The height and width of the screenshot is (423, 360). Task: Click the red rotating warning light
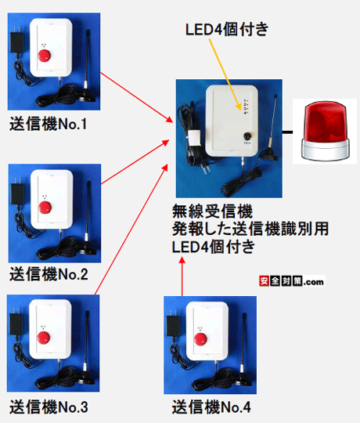click(x=323, y=131)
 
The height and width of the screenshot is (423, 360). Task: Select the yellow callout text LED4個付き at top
click(x=226, y=30)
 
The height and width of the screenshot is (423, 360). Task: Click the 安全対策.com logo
click(x=290, y=281)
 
